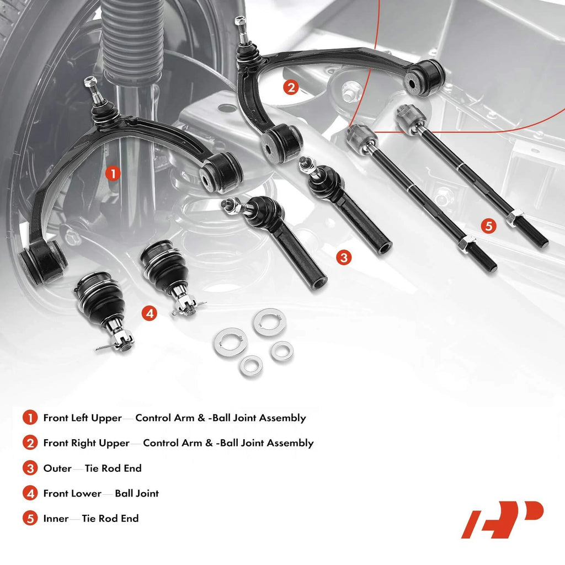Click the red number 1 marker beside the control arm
[113, 174]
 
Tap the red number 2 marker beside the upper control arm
[291, 87]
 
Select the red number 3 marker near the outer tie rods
[344, 258]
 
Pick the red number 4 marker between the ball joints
[150, 313]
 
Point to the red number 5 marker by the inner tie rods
[489, 226]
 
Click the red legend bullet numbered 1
[30, 418]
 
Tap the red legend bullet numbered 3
[30, 468]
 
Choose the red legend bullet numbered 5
[30, 519]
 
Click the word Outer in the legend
[57, 468]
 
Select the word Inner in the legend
[56, 519]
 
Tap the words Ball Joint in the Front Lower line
[137, 493]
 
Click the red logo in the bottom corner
[502, 519]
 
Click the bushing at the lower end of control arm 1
[43, 261]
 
